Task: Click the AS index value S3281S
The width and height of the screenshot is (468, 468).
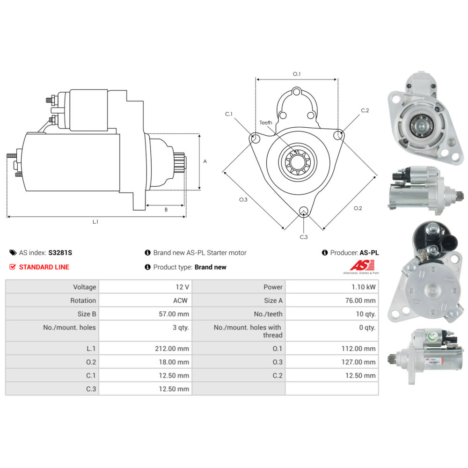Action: point(60,253)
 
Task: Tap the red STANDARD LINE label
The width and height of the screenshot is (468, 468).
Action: point(44,267)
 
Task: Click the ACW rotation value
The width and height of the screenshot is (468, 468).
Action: point(181,300)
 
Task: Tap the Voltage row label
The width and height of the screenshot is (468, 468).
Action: point(84,287)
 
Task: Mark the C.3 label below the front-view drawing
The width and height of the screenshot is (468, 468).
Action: point(304,237)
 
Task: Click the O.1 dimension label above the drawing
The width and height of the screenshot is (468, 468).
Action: point(296,74)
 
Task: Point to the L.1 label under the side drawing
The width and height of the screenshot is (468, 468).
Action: point(95,222)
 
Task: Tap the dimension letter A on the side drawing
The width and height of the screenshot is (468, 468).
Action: point(205,161)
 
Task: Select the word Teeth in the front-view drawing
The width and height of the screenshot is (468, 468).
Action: point(266,123)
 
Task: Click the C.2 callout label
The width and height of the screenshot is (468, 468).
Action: point(365,110)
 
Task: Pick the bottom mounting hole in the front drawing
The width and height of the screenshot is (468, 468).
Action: point(304,211)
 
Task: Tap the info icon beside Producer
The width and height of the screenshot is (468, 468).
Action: point(325,253)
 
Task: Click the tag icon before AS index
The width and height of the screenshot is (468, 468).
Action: point(13,253)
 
